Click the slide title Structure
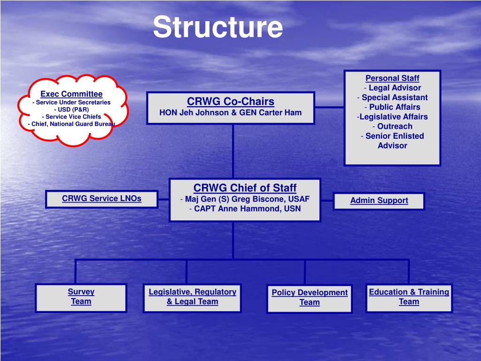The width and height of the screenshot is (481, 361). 218,27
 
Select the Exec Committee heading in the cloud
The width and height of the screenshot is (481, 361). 71,94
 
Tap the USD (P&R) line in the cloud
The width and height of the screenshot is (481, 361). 71,110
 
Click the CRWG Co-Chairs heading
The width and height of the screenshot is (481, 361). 231,102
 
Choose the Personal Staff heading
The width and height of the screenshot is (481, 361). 392,78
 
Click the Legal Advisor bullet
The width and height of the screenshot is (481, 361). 394,88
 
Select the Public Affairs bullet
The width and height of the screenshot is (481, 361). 394,107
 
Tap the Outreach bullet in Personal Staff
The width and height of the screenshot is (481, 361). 394,126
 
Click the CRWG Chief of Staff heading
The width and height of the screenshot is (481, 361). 245,188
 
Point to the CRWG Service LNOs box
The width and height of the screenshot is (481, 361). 101,198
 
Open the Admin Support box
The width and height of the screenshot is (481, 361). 379,201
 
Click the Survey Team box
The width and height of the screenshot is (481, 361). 81,297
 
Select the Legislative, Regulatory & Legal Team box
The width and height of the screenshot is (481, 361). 192,297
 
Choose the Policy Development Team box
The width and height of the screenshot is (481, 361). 310,298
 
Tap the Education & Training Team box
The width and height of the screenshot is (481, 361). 409,297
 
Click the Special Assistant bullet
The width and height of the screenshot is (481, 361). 394,98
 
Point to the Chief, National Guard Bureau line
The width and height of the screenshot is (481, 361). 71,124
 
